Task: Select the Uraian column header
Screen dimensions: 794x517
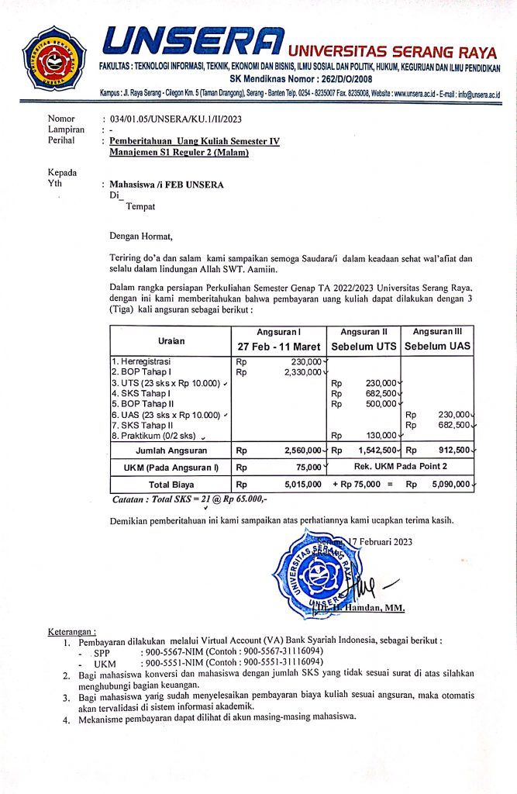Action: pos(171,338)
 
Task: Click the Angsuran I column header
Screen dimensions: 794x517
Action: pos(278,331)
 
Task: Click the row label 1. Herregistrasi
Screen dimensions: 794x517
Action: pos(141,361)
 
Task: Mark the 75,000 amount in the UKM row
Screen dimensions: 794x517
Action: pos(306,468)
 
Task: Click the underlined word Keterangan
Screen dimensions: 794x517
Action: pos(72,632)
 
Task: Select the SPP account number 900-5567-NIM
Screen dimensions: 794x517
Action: pos(176,654)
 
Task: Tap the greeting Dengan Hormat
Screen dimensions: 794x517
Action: pos(142,236)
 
